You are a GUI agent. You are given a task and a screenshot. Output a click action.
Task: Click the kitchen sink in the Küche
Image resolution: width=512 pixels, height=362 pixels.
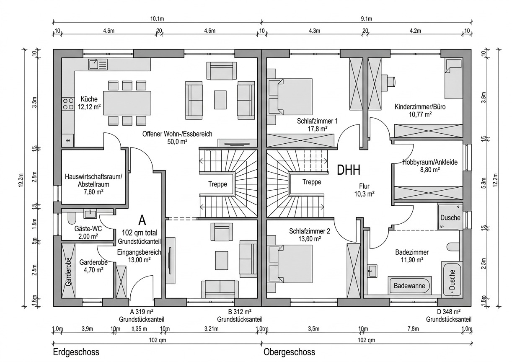point(98,64)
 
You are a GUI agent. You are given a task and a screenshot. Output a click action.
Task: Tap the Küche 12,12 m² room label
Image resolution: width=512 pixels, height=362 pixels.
point(91,103)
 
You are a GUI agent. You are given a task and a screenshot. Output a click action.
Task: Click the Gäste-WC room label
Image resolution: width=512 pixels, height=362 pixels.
point(88,233)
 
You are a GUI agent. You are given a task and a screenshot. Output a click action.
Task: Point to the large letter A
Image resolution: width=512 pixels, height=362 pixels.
point(142,220)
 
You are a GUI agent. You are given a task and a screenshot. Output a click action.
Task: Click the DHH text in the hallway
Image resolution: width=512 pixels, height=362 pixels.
point(349,170)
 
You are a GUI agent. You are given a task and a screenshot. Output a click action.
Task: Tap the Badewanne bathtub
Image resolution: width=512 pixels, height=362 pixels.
point(409,286)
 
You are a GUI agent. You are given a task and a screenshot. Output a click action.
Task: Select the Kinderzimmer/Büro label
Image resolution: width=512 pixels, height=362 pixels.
point(420,110)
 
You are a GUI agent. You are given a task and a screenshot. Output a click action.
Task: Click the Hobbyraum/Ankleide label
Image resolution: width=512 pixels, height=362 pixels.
point(430,165)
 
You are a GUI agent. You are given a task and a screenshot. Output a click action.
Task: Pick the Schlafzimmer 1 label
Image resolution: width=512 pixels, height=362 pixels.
point(317,125)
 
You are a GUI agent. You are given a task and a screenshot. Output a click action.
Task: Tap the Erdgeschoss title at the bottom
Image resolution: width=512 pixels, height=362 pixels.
point(76,352)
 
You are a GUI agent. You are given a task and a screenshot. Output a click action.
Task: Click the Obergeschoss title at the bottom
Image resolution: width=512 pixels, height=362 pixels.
point(289,352)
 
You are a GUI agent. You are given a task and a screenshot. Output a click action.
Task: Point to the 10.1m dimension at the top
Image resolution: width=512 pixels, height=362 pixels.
point(157,19)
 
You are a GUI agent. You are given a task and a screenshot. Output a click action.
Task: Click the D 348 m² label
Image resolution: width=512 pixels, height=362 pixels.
point(448,315)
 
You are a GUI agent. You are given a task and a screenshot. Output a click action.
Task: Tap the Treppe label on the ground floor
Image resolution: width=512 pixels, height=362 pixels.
point(218,184)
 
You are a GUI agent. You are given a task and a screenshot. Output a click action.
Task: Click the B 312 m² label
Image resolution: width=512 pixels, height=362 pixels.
point(240,315)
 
